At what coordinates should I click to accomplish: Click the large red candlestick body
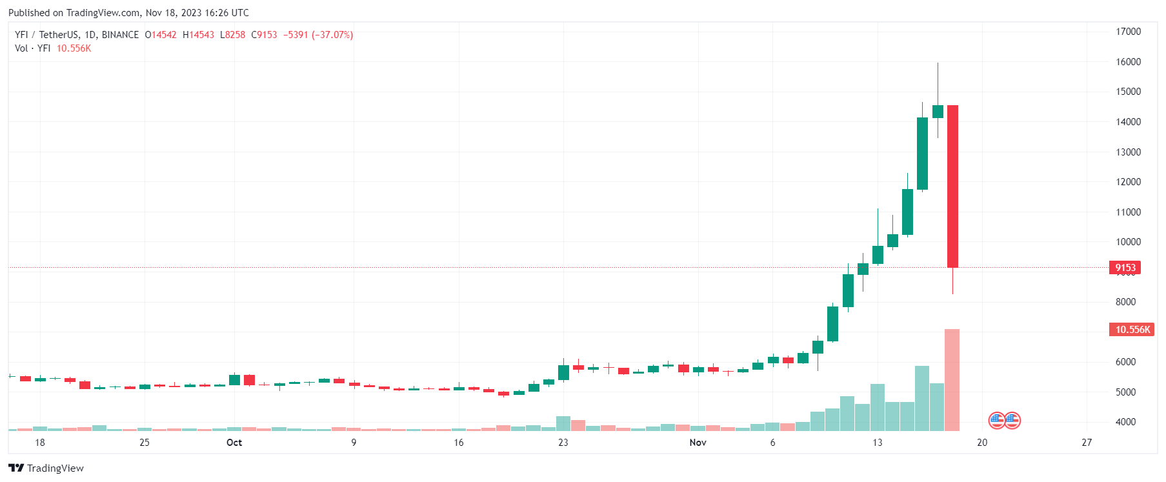tap(952, 186)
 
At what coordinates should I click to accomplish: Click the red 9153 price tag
tap(1125, 268)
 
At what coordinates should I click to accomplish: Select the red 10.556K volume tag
tap(1132, 330)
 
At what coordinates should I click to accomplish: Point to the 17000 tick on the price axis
tap(1128, 32)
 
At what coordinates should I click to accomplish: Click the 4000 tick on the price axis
tap(1125, 422)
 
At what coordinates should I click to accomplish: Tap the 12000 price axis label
tap(1128, 182)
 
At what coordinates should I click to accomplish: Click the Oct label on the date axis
tap(234, 443)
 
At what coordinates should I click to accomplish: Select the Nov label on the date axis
tap(698, 443)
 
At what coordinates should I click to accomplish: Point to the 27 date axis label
tap(1087, 443)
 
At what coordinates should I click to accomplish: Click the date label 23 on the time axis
tap(563, 443)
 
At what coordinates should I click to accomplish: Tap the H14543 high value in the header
tap(198, 35)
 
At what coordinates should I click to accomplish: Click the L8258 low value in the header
tap(232, 35)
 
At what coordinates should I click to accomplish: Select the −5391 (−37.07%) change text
tap(318, 35)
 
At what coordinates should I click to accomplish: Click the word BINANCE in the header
tap(120, 35)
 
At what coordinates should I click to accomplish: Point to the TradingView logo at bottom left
tap(46, 468)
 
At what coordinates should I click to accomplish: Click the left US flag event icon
tap(997, 421)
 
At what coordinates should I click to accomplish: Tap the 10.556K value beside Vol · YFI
tap(74, 48)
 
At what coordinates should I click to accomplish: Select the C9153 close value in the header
tap(264, 35)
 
